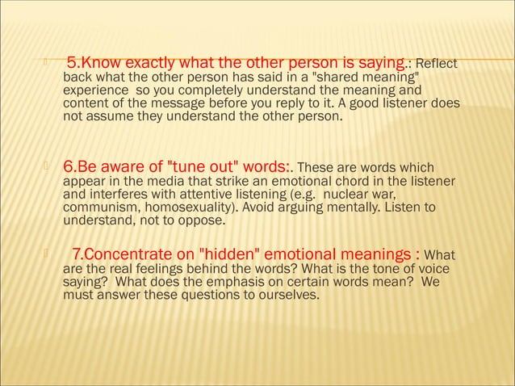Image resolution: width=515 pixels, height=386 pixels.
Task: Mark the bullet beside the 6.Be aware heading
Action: click(48, 166)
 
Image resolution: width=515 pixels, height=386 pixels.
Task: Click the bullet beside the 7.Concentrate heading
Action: click(48, 255)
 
